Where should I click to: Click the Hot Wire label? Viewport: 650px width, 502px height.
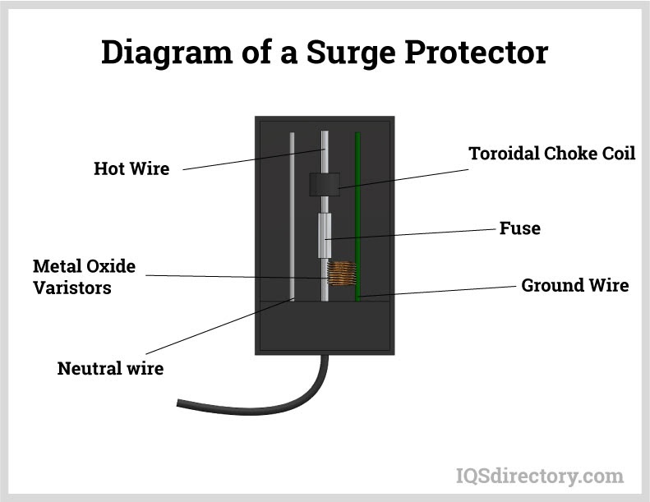(x=131, y=169)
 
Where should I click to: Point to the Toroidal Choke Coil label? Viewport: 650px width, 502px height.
(x=551, y=154)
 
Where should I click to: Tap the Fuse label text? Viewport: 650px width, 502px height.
(x=520, y=228)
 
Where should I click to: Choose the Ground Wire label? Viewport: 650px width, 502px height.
(x=574, y=286)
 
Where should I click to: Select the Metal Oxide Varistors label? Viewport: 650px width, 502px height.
(x=84, y=277)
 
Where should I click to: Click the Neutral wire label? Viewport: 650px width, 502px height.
(x=110, y=368)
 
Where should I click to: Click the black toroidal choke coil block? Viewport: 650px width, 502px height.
(x=325, y=185)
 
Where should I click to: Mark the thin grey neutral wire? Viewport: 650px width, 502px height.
(x=293, y=214)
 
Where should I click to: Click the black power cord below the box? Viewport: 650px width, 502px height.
(x=271, y=402)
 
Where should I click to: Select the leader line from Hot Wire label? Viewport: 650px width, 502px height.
(x=247, y=160)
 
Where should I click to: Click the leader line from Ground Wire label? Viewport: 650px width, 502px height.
(x=436, y=291)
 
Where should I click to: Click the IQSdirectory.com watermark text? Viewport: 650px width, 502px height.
(x=539, y=475)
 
